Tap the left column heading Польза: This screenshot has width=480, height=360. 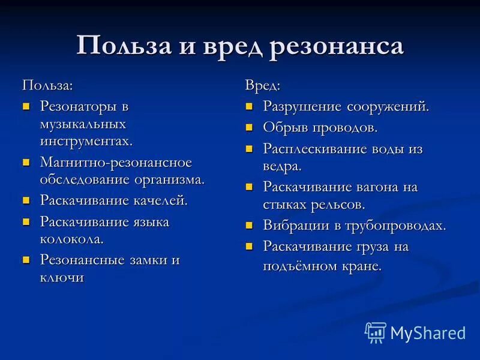pyautogui.click(x=48, y=85)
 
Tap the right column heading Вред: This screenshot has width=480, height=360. pyautogui.click(x=263, y=85)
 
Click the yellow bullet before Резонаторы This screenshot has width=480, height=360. pyautogui.click(x=26, y=107)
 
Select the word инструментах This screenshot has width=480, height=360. pyautogui.click(x=86, y=142)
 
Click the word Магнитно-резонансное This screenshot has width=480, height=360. pyautogui.click(x=115, y=162)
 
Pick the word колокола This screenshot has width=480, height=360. pyautogui.click(x=71, y=238)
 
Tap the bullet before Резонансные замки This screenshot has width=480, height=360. pyautogui.click(x=26, y=260)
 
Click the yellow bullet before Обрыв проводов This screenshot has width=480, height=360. pyautogui.click(x=249, y=128)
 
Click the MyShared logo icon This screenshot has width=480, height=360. pyautogui.click(x=376, y=332)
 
